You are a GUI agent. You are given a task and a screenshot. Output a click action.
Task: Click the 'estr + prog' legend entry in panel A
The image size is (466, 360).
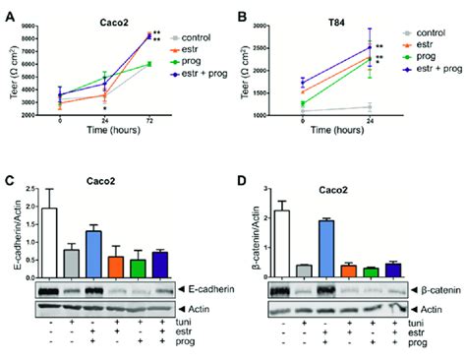click(200, 70)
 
